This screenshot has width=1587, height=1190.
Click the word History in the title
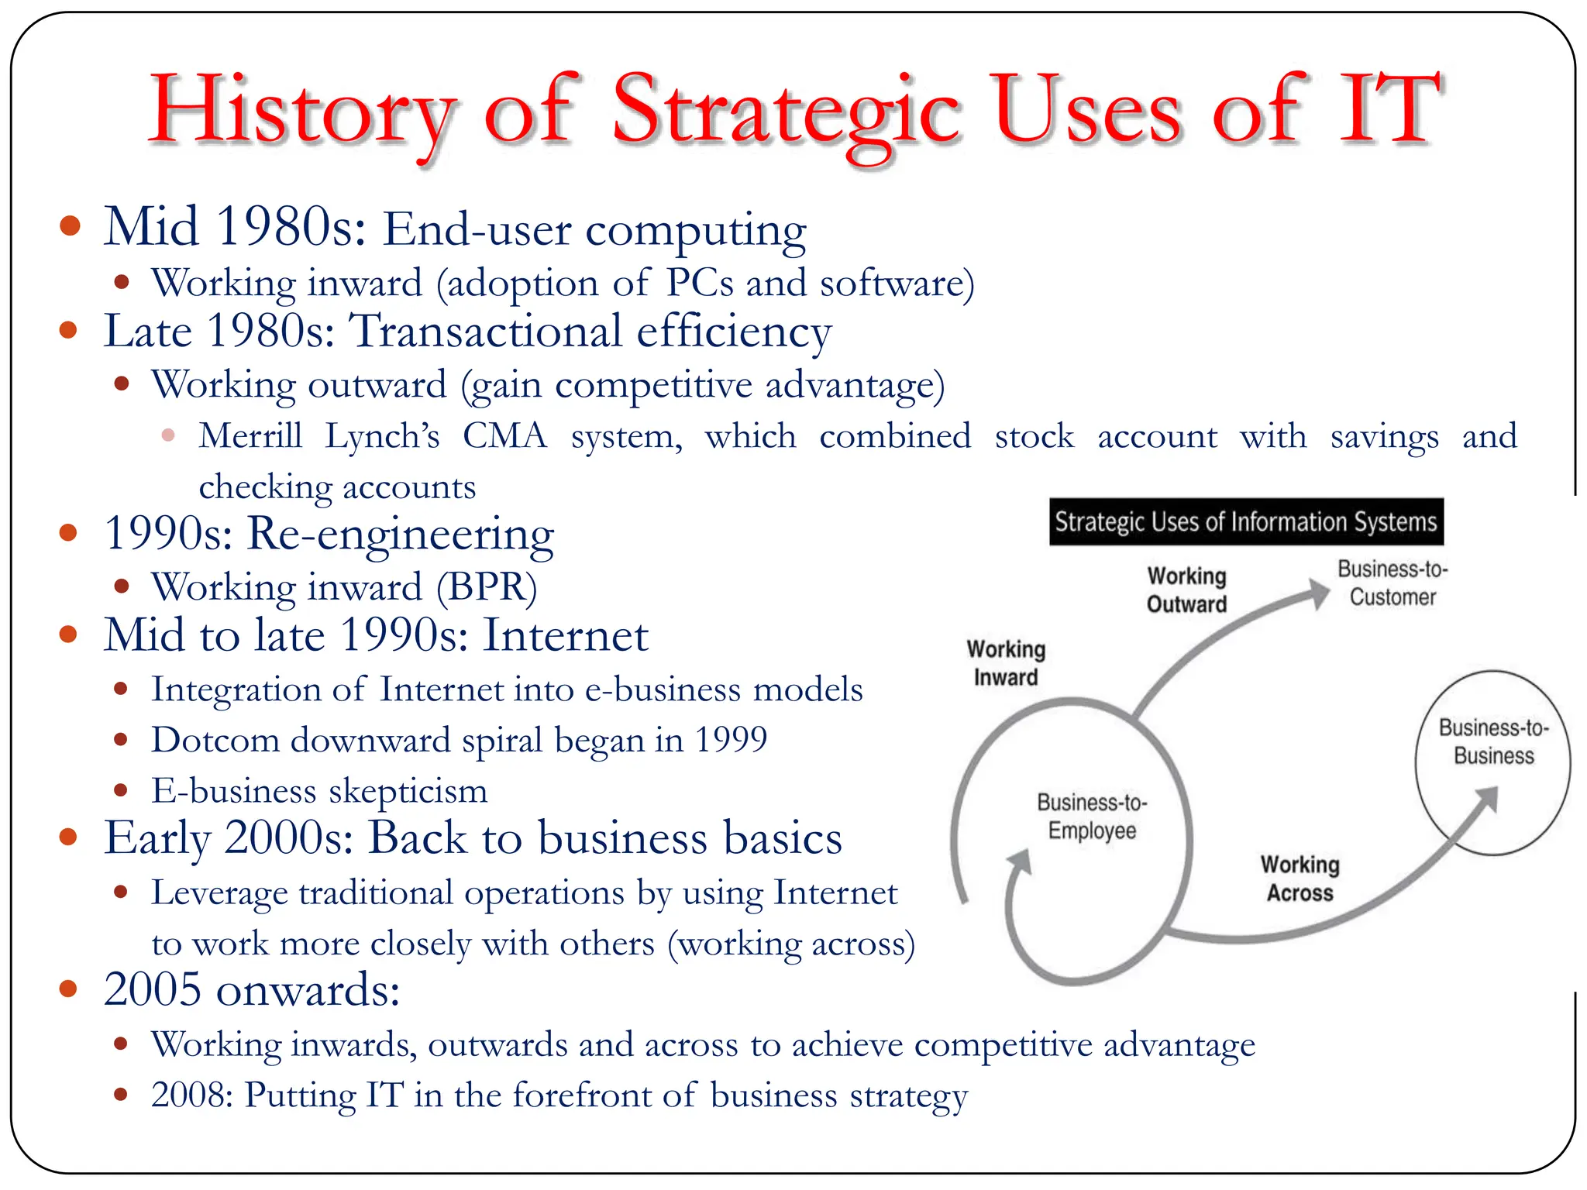(301, 112)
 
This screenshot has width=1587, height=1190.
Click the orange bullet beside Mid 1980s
(70, 225)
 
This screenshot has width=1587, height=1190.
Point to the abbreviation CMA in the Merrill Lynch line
(504, 436)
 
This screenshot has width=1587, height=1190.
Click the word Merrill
(250, 436)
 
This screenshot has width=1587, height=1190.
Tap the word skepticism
(408, 791)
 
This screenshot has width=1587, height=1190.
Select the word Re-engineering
(400, 535)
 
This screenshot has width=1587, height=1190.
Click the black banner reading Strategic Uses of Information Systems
(1245, 522)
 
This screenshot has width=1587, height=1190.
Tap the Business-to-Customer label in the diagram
(1392, 583)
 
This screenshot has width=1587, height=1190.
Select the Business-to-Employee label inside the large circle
(1092, 816)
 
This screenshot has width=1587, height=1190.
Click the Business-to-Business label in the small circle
(1492, 741)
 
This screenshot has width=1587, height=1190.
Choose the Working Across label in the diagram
(1300, 879)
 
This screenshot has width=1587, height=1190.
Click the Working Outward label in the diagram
(1186, 590)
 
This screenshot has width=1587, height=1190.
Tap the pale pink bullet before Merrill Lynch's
(168, 435)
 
